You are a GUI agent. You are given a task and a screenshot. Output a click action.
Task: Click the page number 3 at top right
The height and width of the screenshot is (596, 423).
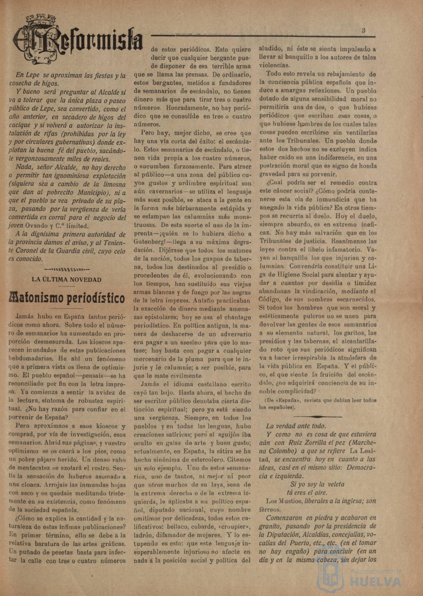pos(364,30)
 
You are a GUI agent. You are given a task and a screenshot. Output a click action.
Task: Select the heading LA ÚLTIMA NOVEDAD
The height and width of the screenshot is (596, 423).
pos(67,280)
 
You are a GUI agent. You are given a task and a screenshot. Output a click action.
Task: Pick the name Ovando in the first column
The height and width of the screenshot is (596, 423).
pos(36,226)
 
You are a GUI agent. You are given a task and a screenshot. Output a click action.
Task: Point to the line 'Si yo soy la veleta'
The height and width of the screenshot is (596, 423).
pos(317,484)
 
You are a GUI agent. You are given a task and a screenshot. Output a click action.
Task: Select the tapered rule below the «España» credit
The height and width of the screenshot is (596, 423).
pos(318,417)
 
